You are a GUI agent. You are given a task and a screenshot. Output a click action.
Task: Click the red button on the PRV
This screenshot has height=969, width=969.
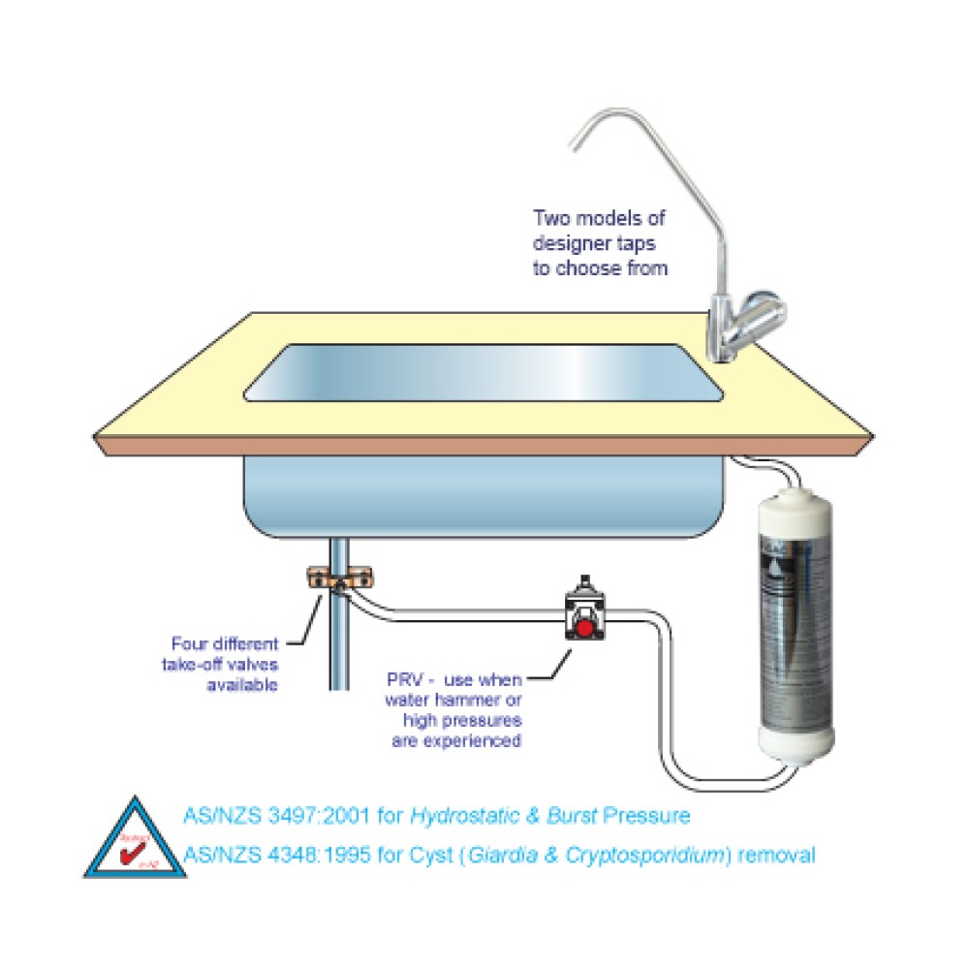point(586,631)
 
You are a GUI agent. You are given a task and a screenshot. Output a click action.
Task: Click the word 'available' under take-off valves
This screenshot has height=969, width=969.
point(243,685)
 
